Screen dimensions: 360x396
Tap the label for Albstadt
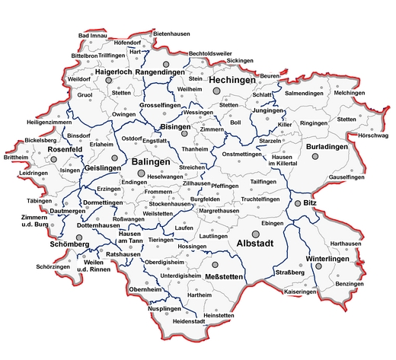[x=258, y=244]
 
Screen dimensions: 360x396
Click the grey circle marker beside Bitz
[x=298, y=204]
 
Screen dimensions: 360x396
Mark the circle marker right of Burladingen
[x=315, y=156]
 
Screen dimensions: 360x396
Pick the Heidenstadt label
[x=190, y=322]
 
